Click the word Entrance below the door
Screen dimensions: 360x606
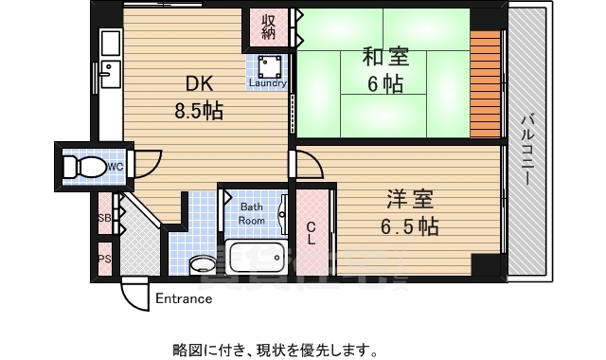184,299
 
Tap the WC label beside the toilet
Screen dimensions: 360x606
115,167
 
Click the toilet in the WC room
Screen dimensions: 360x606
83,168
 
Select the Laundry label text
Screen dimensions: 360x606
267,82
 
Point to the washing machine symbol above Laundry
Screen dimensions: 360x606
268,64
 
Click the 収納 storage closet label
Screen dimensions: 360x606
269,27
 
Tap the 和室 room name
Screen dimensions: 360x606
384,56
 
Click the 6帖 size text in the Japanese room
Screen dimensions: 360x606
384,83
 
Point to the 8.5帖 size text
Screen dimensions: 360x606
198,112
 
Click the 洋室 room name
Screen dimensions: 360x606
410,200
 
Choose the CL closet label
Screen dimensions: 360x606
311,227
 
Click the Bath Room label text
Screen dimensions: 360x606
252,213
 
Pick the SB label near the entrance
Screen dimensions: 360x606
104,218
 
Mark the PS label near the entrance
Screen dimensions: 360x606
104,258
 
